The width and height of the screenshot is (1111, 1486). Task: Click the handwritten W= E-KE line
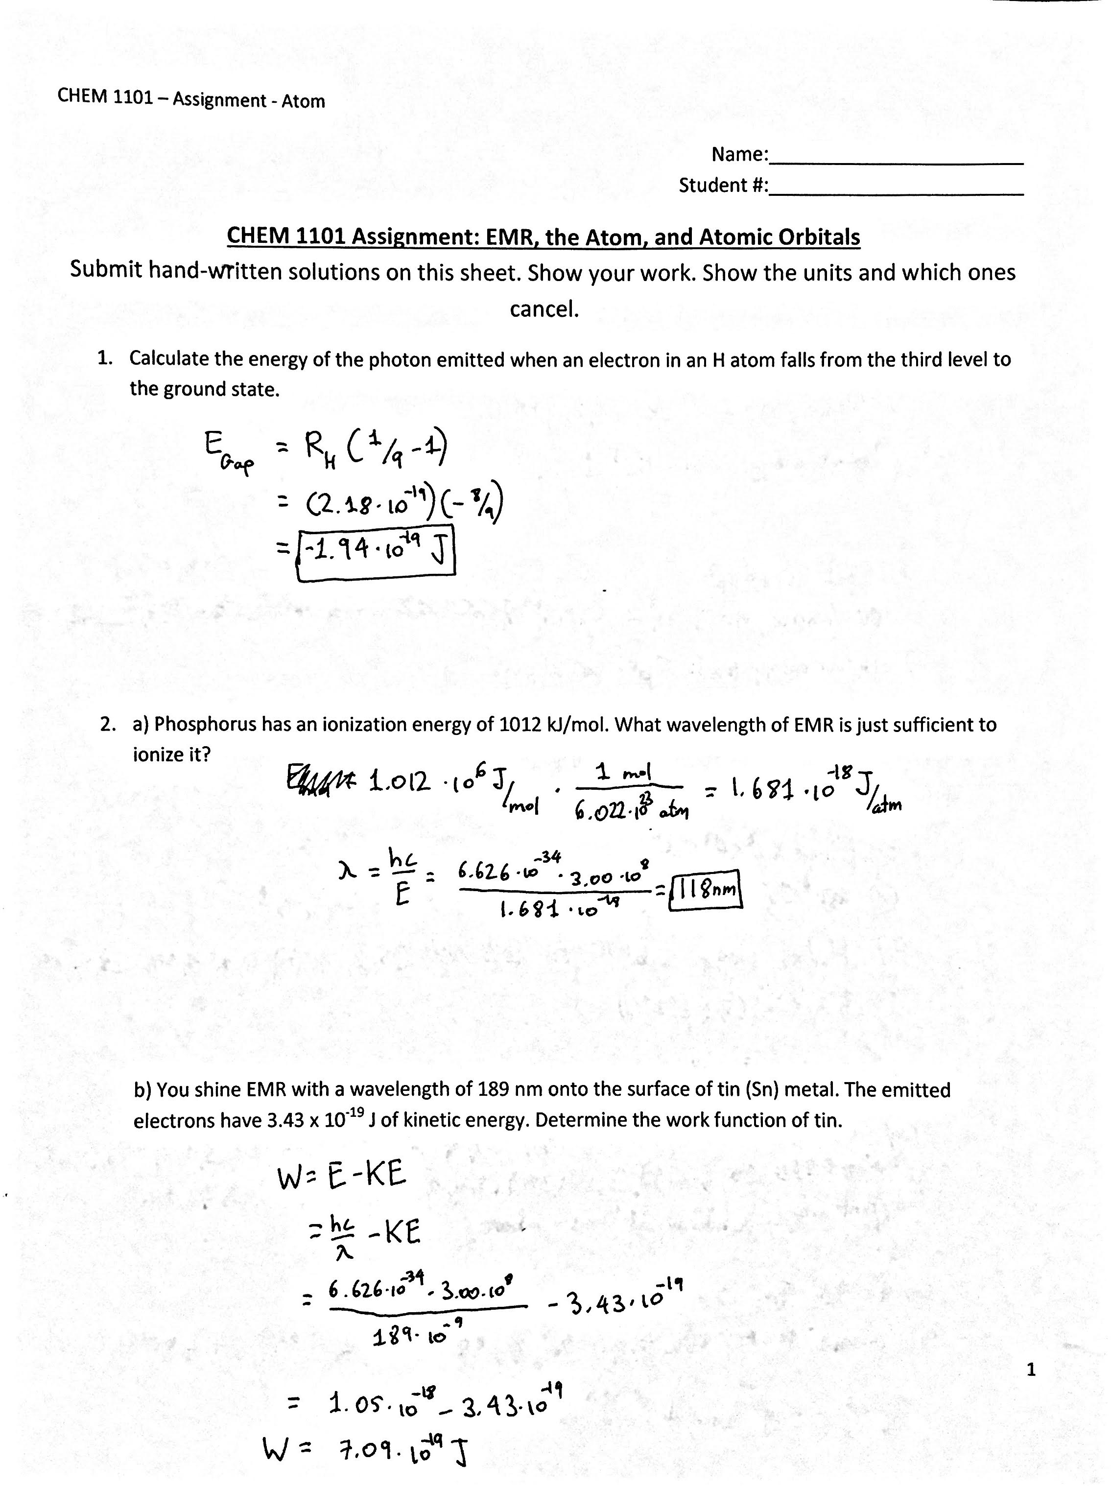[x=341, y=1175]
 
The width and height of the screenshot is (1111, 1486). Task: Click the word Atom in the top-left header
[x=303, y=101]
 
